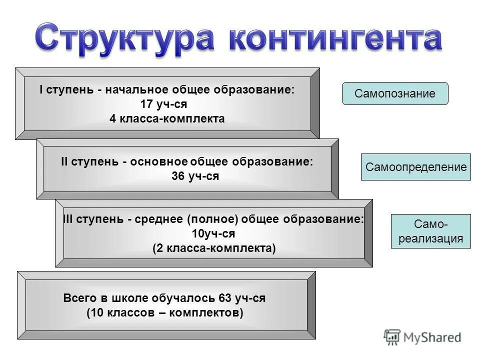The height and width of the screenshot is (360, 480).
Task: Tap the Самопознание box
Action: (x=395, y=93)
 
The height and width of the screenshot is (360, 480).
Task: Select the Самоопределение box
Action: (x=416, y=167)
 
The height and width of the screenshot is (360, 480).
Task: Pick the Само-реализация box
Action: (x=431, y=231)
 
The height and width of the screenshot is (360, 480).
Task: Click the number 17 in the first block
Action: (x=148, y=105)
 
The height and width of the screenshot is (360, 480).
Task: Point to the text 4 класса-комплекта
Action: (x=167, y=119)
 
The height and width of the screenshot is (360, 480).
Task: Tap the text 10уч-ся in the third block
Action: (x=213, y=233)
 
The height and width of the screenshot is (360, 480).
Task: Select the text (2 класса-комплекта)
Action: (x=214, y=248)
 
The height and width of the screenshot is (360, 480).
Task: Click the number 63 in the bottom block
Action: (x=225, y=298)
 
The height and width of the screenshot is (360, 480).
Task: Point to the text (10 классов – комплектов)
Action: (x=164, y=313)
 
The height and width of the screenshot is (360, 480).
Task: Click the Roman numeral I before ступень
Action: (x=41, y=90)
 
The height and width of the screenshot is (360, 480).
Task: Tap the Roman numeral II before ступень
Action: (x=64, y=162)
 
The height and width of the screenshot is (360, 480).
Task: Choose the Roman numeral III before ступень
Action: (x=68, y=219)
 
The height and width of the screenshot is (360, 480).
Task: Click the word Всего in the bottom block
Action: (x=79, y=298)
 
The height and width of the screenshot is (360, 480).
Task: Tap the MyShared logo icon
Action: (x=392, y=336)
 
